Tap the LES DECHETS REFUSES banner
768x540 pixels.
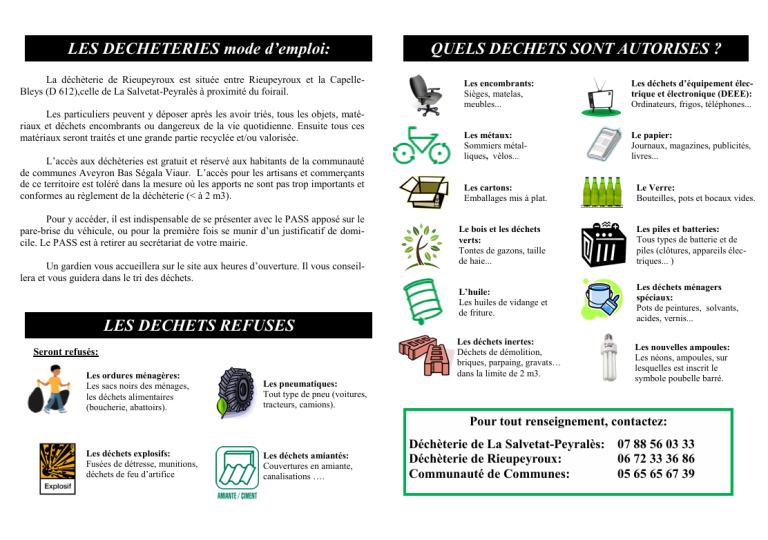[198, 325]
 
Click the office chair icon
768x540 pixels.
[420, 93]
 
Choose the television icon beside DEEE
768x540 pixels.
[603, 93]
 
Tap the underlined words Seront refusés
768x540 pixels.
[65, 352]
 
